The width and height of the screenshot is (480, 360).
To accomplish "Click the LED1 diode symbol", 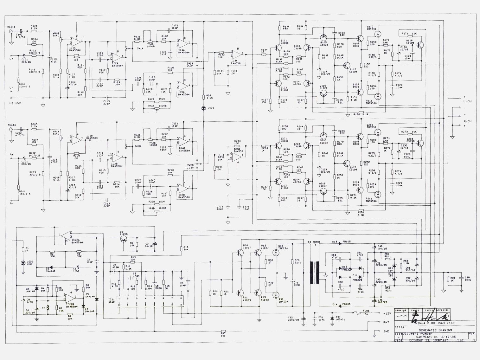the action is point(203,108).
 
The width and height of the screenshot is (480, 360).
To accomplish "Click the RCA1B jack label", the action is point(11,27).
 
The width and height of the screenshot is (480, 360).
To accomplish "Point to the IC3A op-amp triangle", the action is point(236,54).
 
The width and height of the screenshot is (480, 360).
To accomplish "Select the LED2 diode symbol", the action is point(23,263).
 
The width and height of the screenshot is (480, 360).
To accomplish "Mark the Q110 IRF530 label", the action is point(370,28).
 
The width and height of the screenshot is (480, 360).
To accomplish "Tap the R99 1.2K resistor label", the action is point(208,97).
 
